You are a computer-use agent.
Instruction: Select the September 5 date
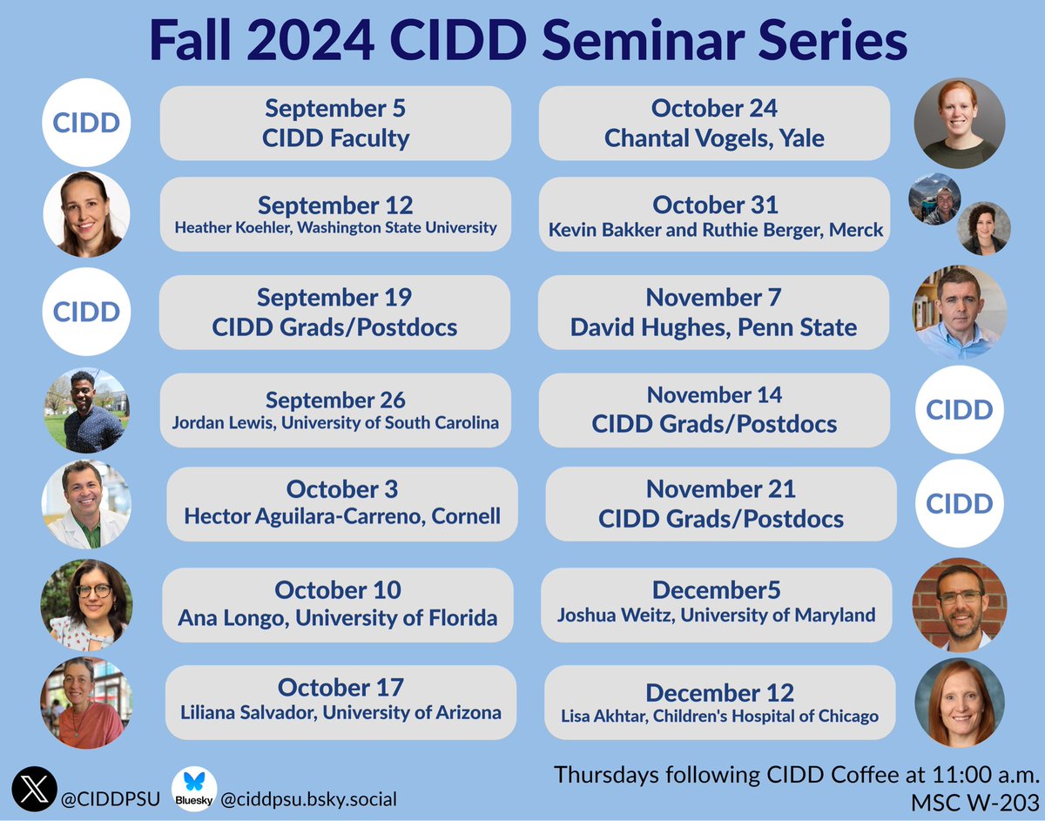(x=335, y=109)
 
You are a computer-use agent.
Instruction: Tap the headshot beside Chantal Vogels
(x=959, y=124)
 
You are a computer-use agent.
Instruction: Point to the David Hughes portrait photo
(x=959, y=312)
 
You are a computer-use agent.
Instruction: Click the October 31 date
(x=715, y=205)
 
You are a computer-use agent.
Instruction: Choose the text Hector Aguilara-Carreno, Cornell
(x=342, y=515)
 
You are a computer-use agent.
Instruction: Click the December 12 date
(x=719, y=693)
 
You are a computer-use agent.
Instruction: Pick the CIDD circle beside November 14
(x=959, y=409)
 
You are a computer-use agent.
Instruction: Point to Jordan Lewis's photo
(x=86, y=411)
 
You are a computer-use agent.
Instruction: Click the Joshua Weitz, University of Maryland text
(x=716, y=616)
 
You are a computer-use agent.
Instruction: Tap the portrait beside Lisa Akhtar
(x=959, y=703)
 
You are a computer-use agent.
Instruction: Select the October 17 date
(x=340, y=688)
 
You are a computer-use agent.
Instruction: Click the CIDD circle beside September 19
(x=86, y=312)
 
